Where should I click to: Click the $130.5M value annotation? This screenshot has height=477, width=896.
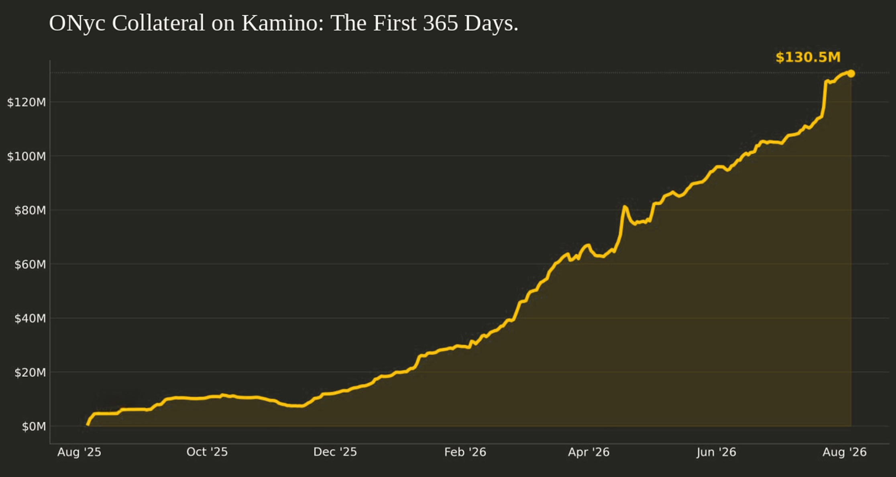pyautogui.click(x=808, y=57)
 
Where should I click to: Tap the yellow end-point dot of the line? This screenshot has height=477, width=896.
pyautogui.click(x=851, y=73)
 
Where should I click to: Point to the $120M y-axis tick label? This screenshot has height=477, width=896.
pyautogui.click(x=26, y=102)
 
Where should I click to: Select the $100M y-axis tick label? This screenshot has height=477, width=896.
pyautogui.click(x=26, y=156)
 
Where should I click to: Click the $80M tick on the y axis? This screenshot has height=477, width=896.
pyautogui.click(x=30, y=210)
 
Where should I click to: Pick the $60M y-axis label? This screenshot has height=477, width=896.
pyautogui.click(x=30, y=265)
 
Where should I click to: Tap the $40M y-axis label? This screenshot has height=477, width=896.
pyautogui.click(x=30, y=318)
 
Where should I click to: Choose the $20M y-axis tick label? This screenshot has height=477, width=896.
pyautogui.click(x=30, y=373)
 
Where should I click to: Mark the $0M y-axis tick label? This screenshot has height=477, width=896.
pyautogui.click(x=34, y=426)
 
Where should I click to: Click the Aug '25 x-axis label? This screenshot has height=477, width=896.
pyautogui.click(x=79, y=452)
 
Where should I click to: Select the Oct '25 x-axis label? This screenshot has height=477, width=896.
pyautogui.click(x=207, y=452)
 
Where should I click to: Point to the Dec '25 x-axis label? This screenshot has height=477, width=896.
pyautogui.click(x=335, y=452)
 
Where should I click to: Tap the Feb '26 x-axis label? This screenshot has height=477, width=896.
pyautogui.click(x=465, y=452)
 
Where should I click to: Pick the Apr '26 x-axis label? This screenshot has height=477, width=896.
pyautogui.click(x=589, y=452)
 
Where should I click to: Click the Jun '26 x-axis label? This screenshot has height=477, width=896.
pyautogui.click(x=716, y=452)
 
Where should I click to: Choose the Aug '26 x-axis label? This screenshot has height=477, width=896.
pyautogui.click(x=845, y=452)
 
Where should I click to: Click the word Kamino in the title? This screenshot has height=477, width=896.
pyautogui.click(x=283, y=23)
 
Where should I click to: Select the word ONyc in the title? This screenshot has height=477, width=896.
pyautogui.click(x=77, y=24)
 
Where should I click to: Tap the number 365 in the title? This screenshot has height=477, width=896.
pyautogui.click(x=440, y=23)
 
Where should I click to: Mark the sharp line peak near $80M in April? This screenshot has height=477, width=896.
pyautogui.click(x=624, y=207)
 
